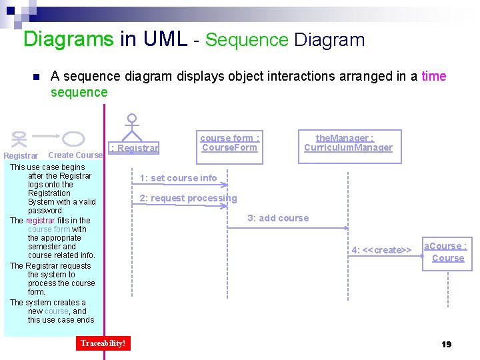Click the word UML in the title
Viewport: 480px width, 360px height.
(165, 39)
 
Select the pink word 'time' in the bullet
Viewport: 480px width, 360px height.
(433, 76)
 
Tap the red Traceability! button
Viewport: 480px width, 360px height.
(103, 343)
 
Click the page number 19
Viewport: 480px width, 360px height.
(447, 344)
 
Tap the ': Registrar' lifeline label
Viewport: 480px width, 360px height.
(135, 148)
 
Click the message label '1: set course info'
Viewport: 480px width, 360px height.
(178, 178)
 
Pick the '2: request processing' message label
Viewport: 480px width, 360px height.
(188, 198)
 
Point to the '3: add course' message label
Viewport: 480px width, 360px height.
(278, 218)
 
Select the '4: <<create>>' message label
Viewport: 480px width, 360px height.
(381, 250)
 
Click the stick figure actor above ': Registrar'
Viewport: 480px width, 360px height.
(132, 127)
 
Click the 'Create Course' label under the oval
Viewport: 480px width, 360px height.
(76, 155)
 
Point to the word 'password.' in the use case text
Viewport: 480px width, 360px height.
(46, 211)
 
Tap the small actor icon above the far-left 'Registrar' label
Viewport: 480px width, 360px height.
(20, 139)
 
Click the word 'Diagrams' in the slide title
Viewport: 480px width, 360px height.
(68, 39)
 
